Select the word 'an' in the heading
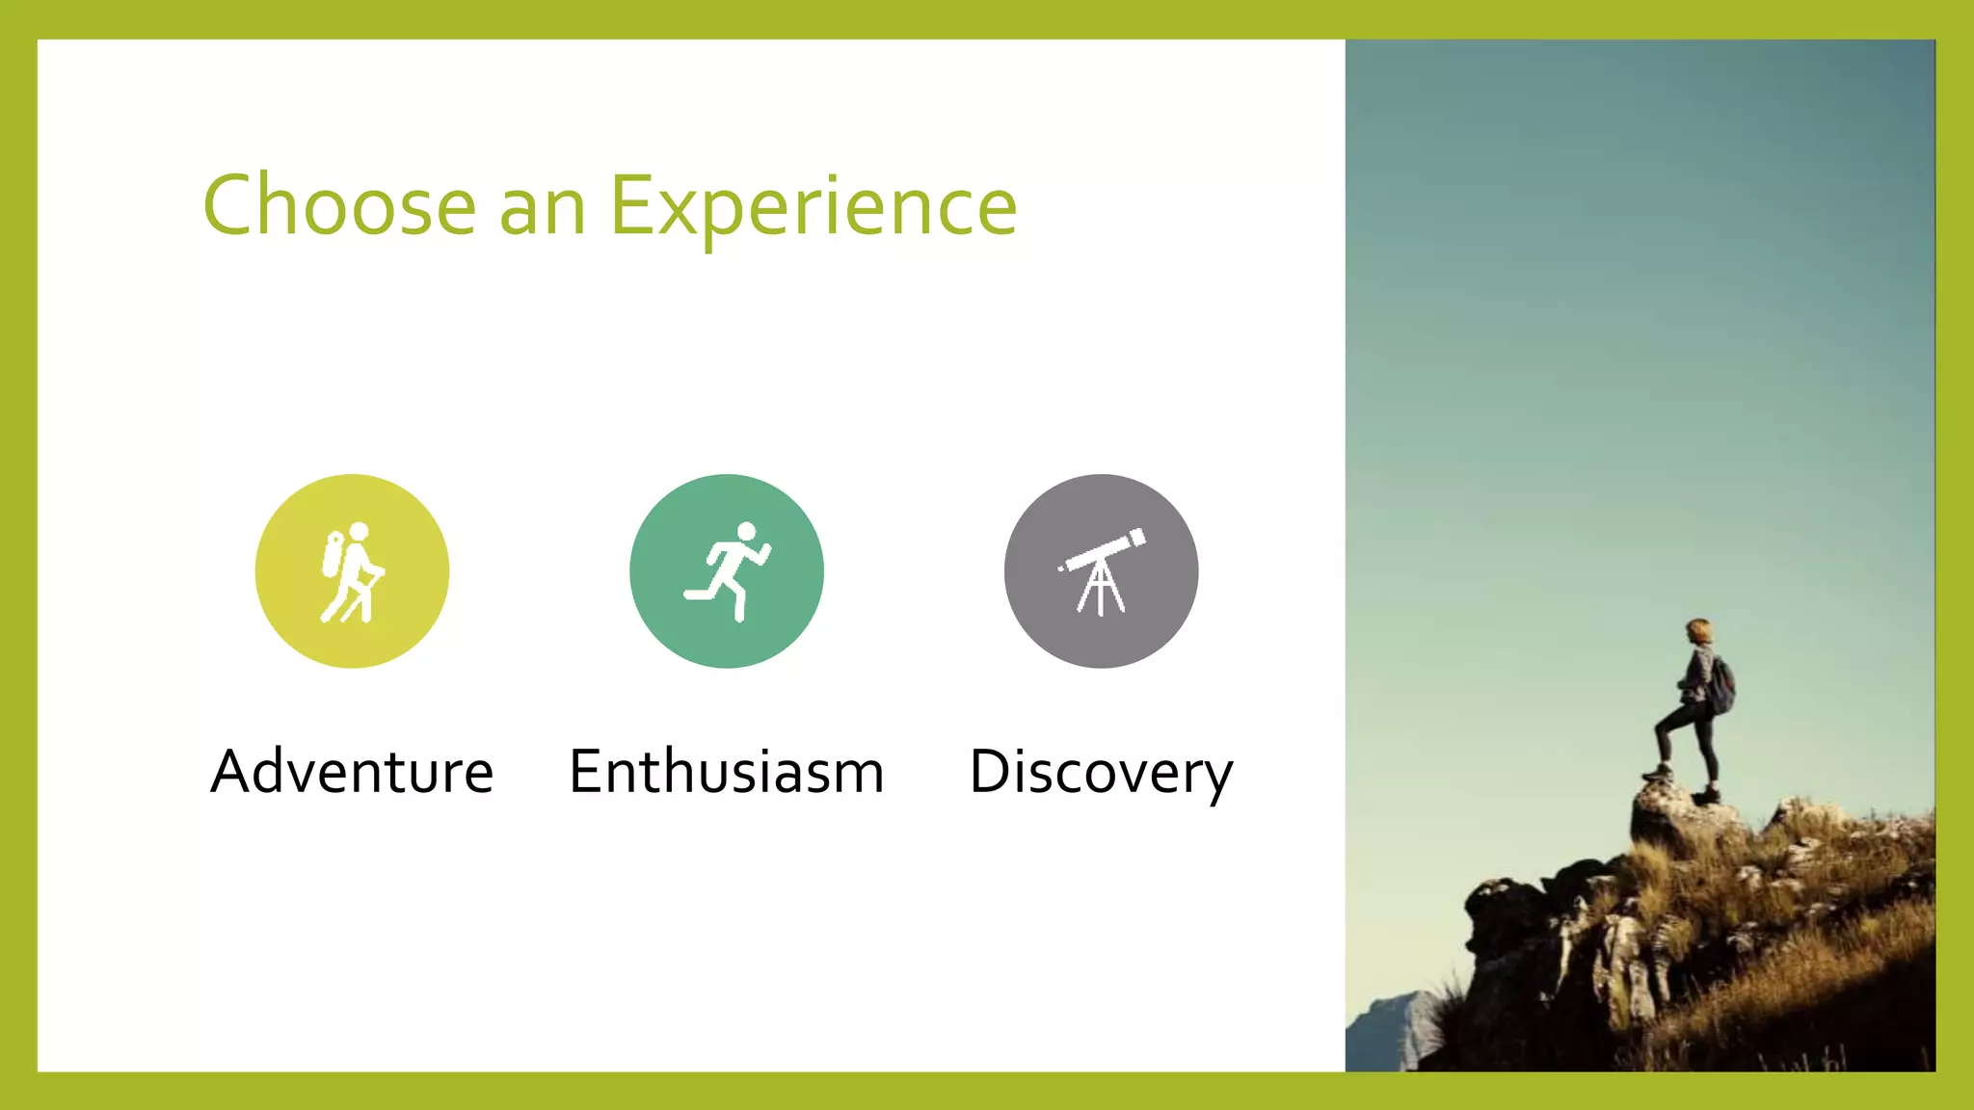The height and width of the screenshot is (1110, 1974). (543, 208)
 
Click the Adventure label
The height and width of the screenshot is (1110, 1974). (352, 772)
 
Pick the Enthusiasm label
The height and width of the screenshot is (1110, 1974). (726, 772)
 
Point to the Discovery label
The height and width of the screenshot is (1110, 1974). (1101, 772)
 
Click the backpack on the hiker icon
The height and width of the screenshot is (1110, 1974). (333, 554)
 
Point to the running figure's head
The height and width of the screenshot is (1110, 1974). (746, 532)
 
